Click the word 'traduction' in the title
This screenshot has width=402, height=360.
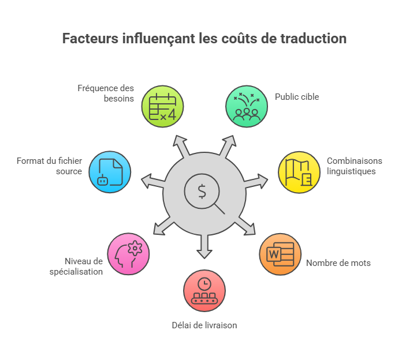click(x=313, y=39)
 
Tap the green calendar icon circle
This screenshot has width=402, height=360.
click(x=162, y=106)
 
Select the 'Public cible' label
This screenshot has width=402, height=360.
click(x=297, y=97)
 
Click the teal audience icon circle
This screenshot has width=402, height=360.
click(x=247, y=106)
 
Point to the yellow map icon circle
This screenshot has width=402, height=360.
click(x=299, y=172)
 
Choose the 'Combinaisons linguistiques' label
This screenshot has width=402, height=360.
click(x=354, y=166)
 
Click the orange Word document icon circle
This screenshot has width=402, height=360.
click(x=280, y=254)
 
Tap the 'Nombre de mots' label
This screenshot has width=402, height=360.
click(x=338, y=263)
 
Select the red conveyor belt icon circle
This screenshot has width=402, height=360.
click(x=204, y=291)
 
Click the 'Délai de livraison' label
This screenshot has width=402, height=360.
click(x=204, y=325)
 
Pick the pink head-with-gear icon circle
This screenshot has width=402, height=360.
click(x=128, y=254)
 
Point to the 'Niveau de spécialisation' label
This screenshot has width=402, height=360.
click(x=76, y=267)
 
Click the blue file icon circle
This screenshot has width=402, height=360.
click(x=110, y=172)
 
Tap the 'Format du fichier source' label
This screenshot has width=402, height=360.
click(x=49, y=166)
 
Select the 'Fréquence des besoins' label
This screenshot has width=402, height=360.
click(x=106, y=93)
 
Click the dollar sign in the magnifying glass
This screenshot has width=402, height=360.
click(x=202, y=192)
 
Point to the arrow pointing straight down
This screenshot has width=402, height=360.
click(x=204, y=246)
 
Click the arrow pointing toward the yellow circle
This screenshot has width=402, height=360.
click(x=256, y=181)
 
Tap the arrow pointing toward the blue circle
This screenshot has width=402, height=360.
click(x=153, y=181)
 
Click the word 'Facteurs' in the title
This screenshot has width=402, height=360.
click(x=91, y=39)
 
